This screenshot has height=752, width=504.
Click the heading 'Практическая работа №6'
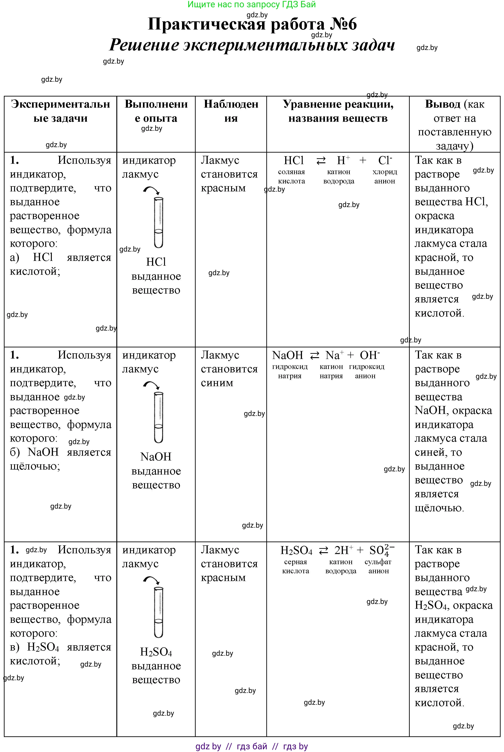point(252,24)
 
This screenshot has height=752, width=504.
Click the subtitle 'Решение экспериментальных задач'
point(252,45)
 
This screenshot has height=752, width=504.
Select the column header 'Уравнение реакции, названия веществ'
point(338,111)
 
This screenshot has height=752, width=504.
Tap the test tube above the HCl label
point(158,222)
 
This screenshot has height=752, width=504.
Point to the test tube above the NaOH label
point(158,417)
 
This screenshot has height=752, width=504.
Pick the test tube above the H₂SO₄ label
point(158,612)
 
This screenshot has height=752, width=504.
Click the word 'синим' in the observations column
point(217,383)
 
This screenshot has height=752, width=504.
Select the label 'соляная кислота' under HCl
point(291,176)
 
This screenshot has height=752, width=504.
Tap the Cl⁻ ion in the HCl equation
point(385,160)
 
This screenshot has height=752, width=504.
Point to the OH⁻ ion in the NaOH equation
point(370,355)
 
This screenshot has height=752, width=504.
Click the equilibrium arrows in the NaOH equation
point(314,355)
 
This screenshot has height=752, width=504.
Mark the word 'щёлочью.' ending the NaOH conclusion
point(439,508)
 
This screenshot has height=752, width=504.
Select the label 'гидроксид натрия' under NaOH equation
point(290,371)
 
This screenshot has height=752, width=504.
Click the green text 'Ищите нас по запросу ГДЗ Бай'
point(252,5)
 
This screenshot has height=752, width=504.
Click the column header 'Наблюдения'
point(231,111)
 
